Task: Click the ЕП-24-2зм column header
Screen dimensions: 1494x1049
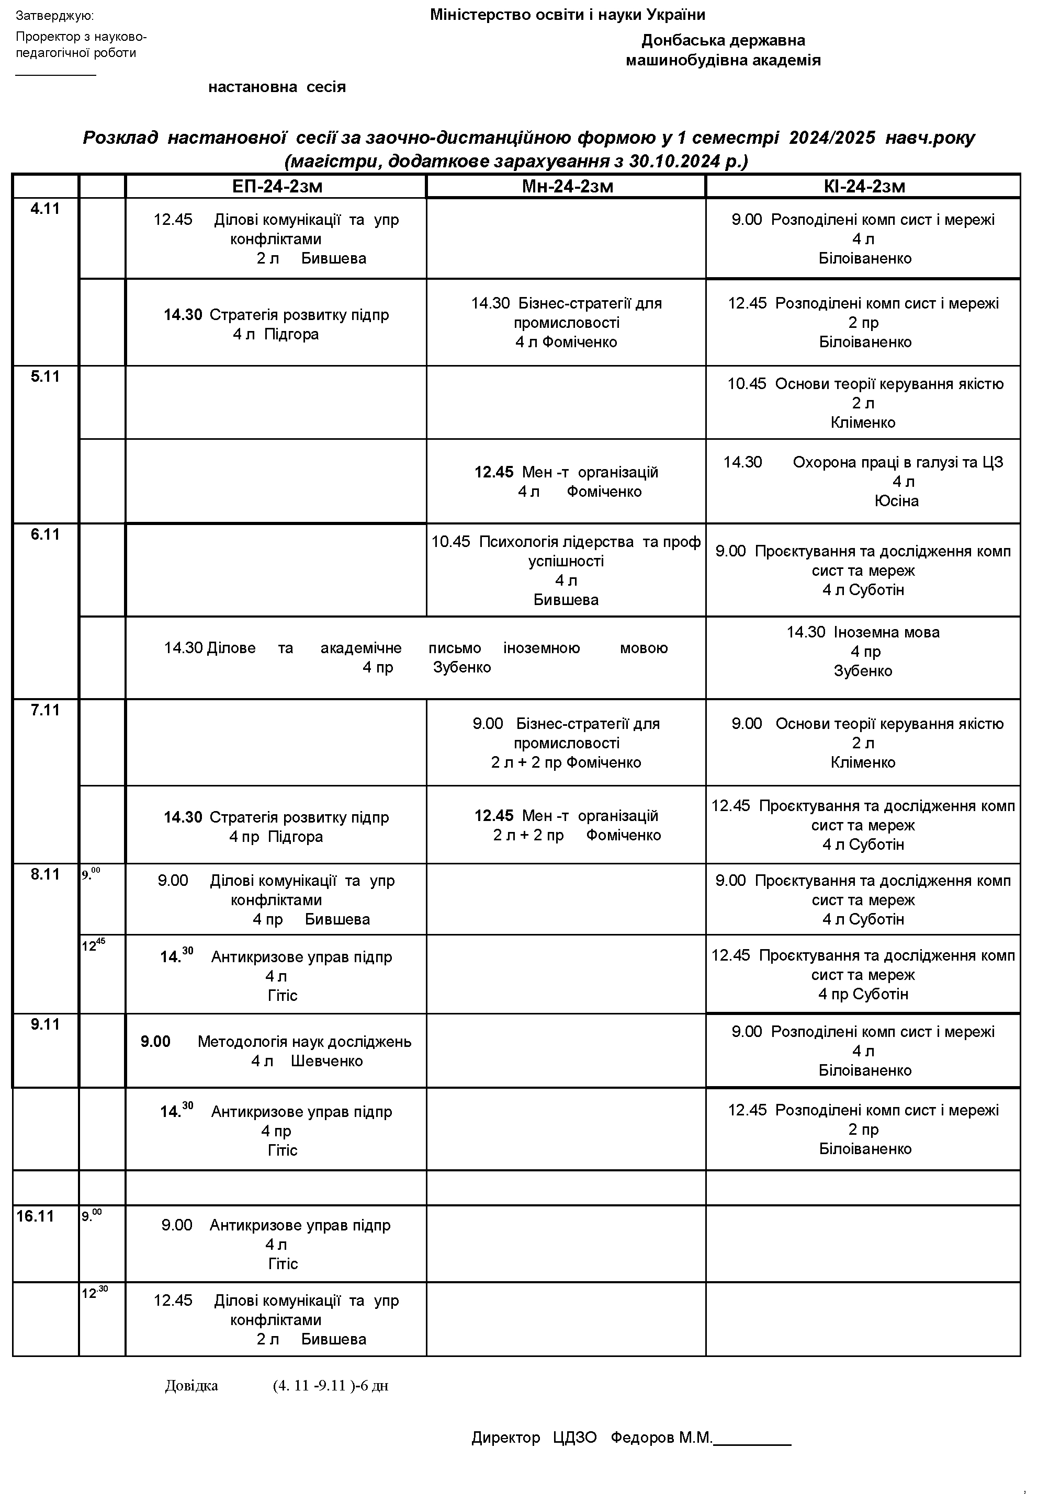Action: [x=277, y=187]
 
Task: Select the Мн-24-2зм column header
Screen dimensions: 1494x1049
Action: [x=567, y=187]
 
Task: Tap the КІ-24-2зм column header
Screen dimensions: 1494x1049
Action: [x=863, y=187]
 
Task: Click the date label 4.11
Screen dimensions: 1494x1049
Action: [x=45, y=209]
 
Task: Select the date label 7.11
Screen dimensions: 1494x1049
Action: [x=45, y=710]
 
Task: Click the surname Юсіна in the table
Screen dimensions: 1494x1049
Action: [x=896, y=501]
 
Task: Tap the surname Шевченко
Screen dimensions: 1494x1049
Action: [x=326, y=1062]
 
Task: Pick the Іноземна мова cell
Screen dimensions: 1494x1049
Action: [x=863, y=652]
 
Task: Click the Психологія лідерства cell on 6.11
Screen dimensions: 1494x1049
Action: [x=566, y=571]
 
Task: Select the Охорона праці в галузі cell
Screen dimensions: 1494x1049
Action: [x=863, y=482]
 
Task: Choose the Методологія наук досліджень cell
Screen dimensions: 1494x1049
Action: [x=276, y=1051]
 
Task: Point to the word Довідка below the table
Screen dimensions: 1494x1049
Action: [x=191, y=1386]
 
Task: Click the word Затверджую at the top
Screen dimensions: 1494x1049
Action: [x=55, y=16]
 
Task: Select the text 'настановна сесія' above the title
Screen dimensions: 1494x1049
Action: [x=277, y=87]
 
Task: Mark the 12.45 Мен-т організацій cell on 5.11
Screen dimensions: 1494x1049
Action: [x=566, y=482]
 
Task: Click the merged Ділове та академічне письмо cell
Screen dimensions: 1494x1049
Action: [x=415, y=658]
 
